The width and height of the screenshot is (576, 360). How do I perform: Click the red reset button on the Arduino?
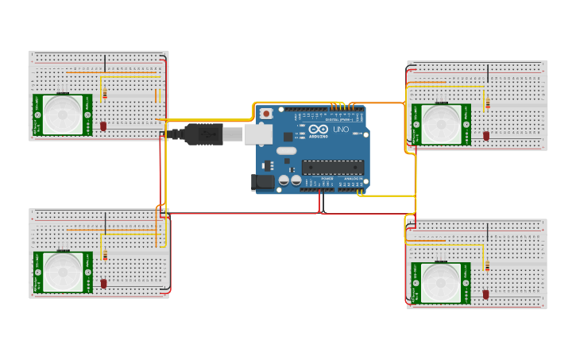click(265, 114)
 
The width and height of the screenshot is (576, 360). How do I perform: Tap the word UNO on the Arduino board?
click(341, 130)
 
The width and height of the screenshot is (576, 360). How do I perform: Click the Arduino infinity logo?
click(319, 130)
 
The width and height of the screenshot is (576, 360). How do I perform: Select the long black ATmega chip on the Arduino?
click(333, 167)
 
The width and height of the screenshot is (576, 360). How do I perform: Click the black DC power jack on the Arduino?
click(263, 182)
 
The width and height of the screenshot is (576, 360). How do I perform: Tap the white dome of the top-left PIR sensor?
click(62, 114)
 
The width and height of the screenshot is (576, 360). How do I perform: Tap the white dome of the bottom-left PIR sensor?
click(62, 272)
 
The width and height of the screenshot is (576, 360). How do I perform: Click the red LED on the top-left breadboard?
click(103, 126)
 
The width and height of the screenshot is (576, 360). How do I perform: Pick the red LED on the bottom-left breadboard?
click(103, 284)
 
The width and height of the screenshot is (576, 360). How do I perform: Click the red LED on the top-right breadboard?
click(486, 136)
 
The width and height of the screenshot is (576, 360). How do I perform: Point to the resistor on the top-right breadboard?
click(487, 104)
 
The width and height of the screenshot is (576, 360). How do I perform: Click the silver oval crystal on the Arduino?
click(286, 150)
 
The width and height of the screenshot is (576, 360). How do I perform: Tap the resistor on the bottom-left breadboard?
click(105, 255)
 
